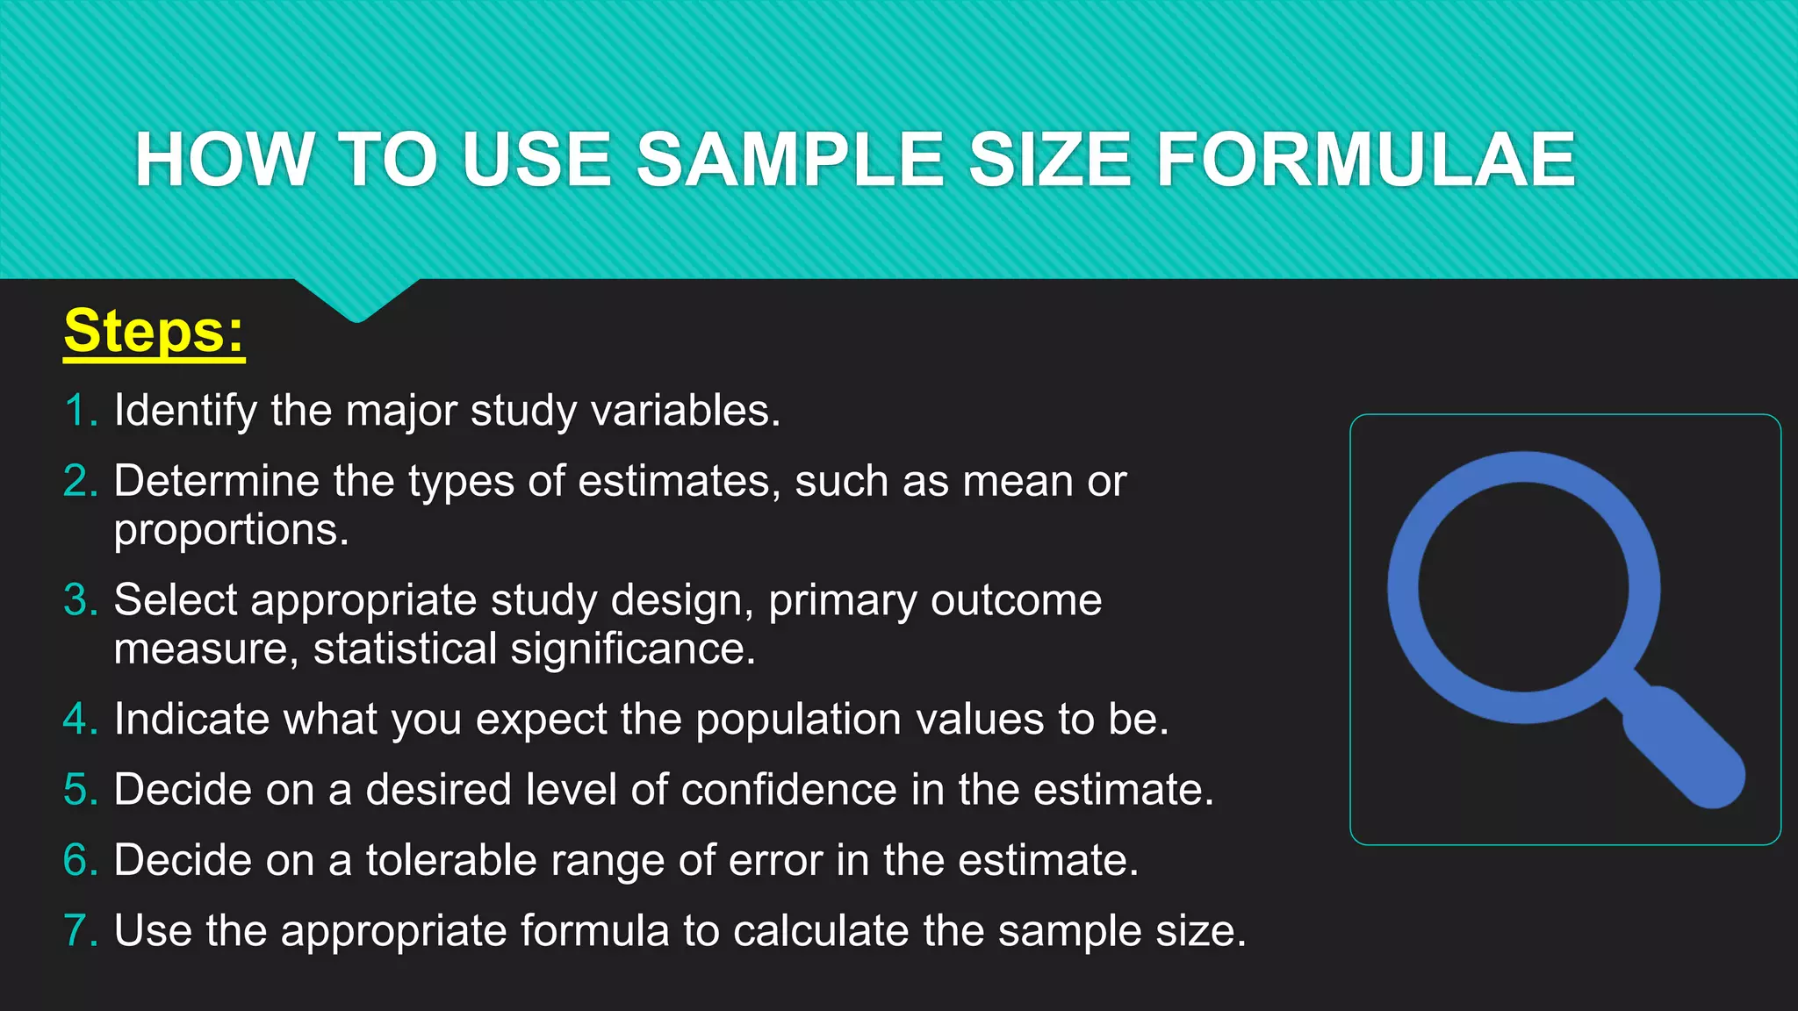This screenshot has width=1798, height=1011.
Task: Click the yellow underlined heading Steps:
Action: (154, 332)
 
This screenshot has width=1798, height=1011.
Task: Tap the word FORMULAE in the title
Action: (1365, 160)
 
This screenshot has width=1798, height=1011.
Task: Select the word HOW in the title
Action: (225, 160)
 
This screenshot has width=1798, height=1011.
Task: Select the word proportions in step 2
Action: (230, 530)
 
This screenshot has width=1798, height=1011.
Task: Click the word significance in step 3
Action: (632, 649)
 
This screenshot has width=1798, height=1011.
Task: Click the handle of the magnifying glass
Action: (1681, 746)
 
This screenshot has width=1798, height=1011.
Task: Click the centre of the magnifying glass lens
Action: (1523, 587)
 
